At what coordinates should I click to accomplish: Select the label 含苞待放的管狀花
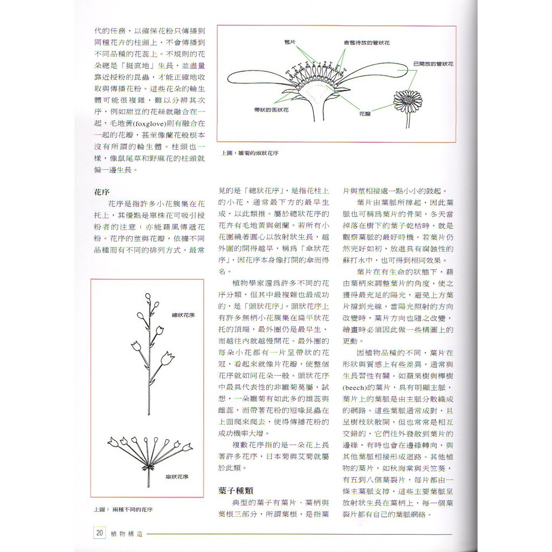[x=367, y=42]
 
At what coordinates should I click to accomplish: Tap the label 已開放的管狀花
[x=433, y=64]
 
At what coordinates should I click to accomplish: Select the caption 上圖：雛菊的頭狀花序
[x=250, y=153]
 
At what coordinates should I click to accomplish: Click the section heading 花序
[x=102, y=191]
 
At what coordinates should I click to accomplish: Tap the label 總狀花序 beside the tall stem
[x=183, y=314]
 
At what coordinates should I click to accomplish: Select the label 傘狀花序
[x=177, y=477]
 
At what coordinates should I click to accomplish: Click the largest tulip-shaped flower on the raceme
[x=168, y=357]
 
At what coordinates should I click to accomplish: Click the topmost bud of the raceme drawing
[x=148, y=296]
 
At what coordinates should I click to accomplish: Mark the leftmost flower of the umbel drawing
[x=113, y=442]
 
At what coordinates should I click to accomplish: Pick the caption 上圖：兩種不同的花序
[x=123, y=509]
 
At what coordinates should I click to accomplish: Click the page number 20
[x=99, y=533]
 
